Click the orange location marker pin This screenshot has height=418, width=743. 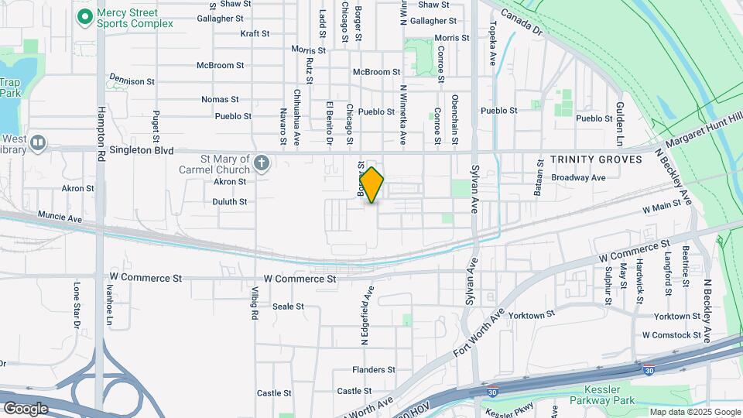[372, 184]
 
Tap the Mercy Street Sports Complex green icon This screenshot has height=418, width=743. [85, 15]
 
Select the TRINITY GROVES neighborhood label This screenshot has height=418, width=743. [596, 159]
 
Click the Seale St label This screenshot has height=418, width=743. [288, 307]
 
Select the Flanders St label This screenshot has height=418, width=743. [374, 370]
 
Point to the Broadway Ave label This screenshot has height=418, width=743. [578, 177]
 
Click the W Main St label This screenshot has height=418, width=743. [666, 206]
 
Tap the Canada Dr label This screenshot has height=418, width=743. [522, 23]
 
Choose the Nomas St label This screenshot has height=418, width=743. [216, 100]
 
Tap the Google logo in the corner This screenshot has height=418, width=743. [26, 408]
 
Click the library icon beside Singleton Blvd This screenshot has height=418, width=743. [38, 143]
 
